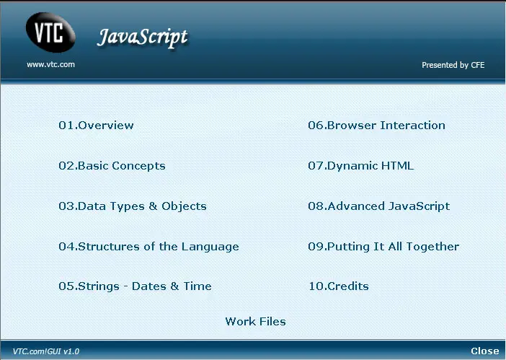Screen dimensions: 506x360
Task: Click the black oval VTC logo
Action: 50,32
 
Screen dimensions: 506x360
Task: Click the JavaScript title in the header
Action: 142,38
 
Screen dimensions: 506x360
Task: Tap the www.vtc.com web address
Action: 50,65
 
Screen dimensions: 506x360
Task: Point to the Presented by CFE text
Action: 453,65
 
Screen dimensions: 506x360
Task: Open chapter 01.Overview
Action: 96,126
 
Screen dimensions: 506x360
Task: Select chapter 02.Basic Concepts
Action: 112,166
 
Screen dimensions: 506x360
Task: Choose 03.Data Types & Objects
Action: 133,206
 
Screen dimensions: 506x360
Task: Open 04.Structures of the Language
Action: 148,247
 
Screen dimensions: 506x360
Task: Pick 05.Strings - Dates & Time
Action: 136,286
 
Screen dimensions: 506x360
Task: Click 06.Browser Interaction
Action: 376,126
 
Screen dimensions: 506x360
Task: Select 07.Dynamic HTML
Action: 361,166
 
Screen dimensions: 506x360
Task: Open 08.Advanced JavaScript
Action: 379,206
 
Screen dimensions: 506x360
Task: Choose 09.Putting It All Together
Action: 383,247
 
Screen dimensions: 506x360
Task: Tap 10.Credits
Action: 339,286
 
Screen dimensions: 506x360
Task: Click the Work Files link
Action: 256,322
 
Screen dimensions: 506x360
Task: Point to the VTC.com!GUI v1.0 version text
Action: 46,351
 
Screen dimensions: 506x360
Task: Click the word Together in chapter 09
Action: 432,247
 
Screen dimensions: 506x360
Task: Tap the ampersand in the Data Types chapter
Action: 153,206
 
